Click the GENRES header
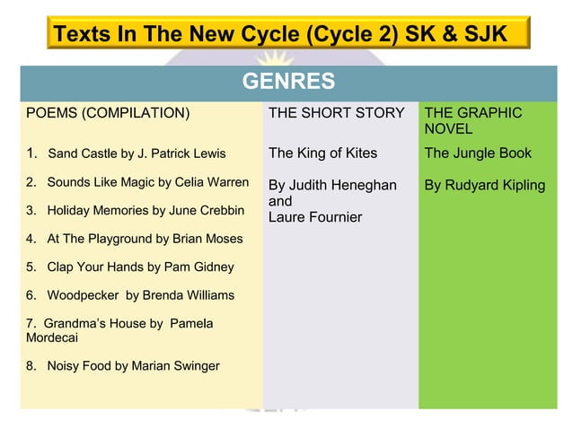(x=288, y=83)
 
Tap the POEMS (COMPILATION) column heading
(x=108, y=113)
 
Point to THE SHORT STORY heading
(x=337, y=113)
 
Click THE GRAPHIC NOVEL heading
(x=472, y=121)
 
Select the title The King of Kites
(x=323, y=153)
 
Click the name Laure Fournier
(x=315, y=217)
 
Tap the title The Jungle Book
(x=478, y=153)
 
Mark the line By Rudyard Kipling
(x=485, y=185)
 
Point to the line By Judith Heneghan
(x=332, y=185)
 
